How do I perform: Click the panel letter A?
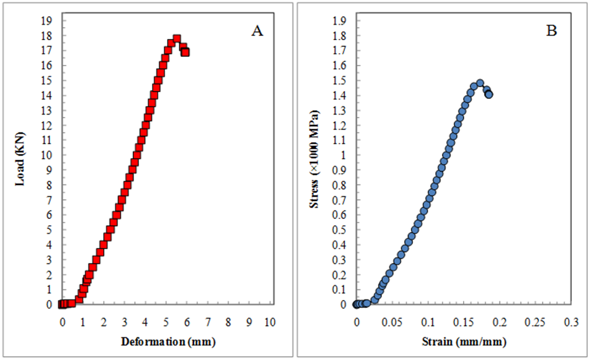click(x=257, y=32)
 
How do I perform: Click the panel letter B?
click(x=552, y=32)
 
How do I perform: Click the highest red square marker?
click(x=177, y=39)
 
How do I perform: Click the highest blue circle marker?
click(x=480, y=83)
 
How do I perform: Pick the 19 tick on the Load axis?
click(x=48, y=20)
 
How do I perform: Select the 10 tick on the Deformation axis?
click(x=270, y=323)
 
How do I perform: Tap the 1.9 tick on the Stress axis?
click(x=339, y=20)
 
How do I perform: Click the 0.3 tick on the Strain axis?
click(x=571, y=323)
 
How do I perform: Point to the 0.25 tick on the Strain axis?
click(x=535, y=323)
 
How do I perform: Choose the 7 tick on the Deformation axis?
click(x=208, y=323)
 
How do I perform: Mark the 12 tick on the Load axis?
click(x=48, y=125)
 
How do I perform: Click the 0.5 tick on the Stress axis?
click(x=339, y=229)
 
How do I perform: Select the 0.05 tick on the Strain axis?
click(x=392, y=323)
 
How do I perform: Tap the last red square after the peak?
click(x=185, y=53)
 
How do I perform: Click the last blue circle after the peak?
click(x=489, y=95)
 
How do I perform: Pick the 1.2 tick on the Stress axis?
click(x=339, y=125)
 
